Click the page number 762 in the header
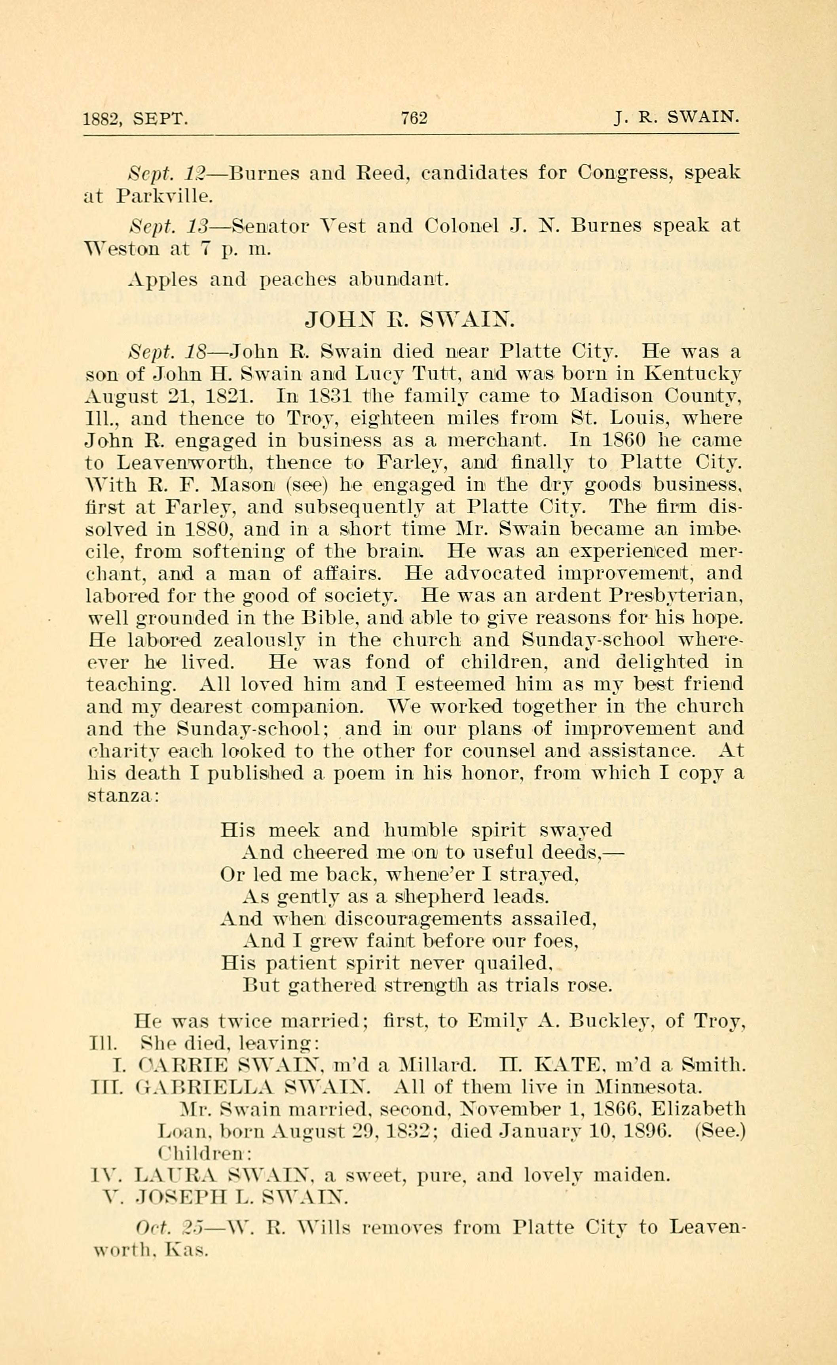point(414,118)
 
